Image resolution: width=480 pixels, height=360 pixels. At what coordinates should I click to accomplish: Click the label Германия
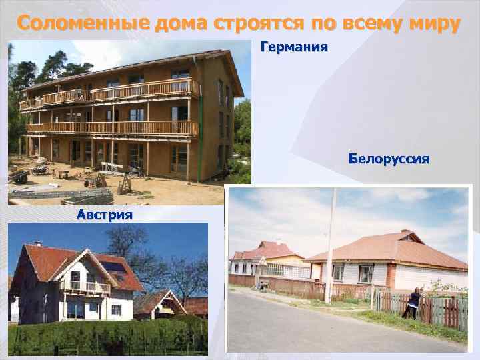(294, 48)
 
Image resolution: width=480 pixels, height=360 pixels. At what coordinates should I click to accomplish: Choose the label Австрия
(104, 215)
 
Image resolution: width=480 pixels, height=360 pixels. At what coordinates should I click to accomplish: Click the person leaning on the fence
(413, 303)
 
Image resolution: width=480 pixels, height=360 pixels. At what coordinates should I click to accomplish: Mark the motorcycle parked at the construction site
(41, 170)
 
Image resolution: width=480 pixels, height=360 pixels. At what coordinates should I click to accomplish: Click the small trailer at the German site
(18, 177)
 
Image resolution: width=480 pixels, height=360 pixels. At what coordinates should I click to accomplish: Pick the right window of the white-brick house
(365, 273)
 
